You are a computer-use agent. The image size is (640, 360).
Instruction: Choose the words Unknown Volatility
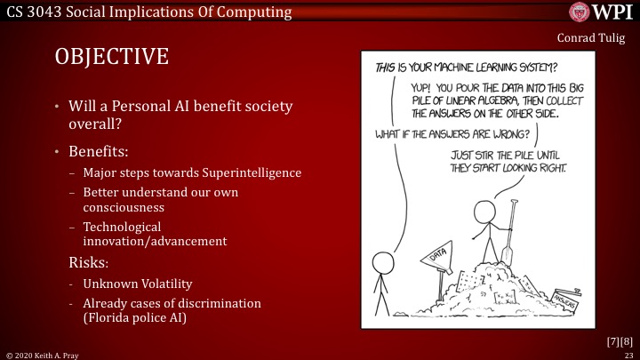click(x=137, y=284)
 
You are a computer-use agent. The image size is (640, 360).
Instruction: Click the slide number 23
click(x=628, y=354)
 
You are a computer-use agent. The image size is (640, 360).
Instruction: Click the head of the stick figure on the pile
click(x=485, y=212)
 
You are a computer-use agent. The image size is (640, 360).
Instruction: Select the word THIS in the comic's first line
click(x=386, y=67)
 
